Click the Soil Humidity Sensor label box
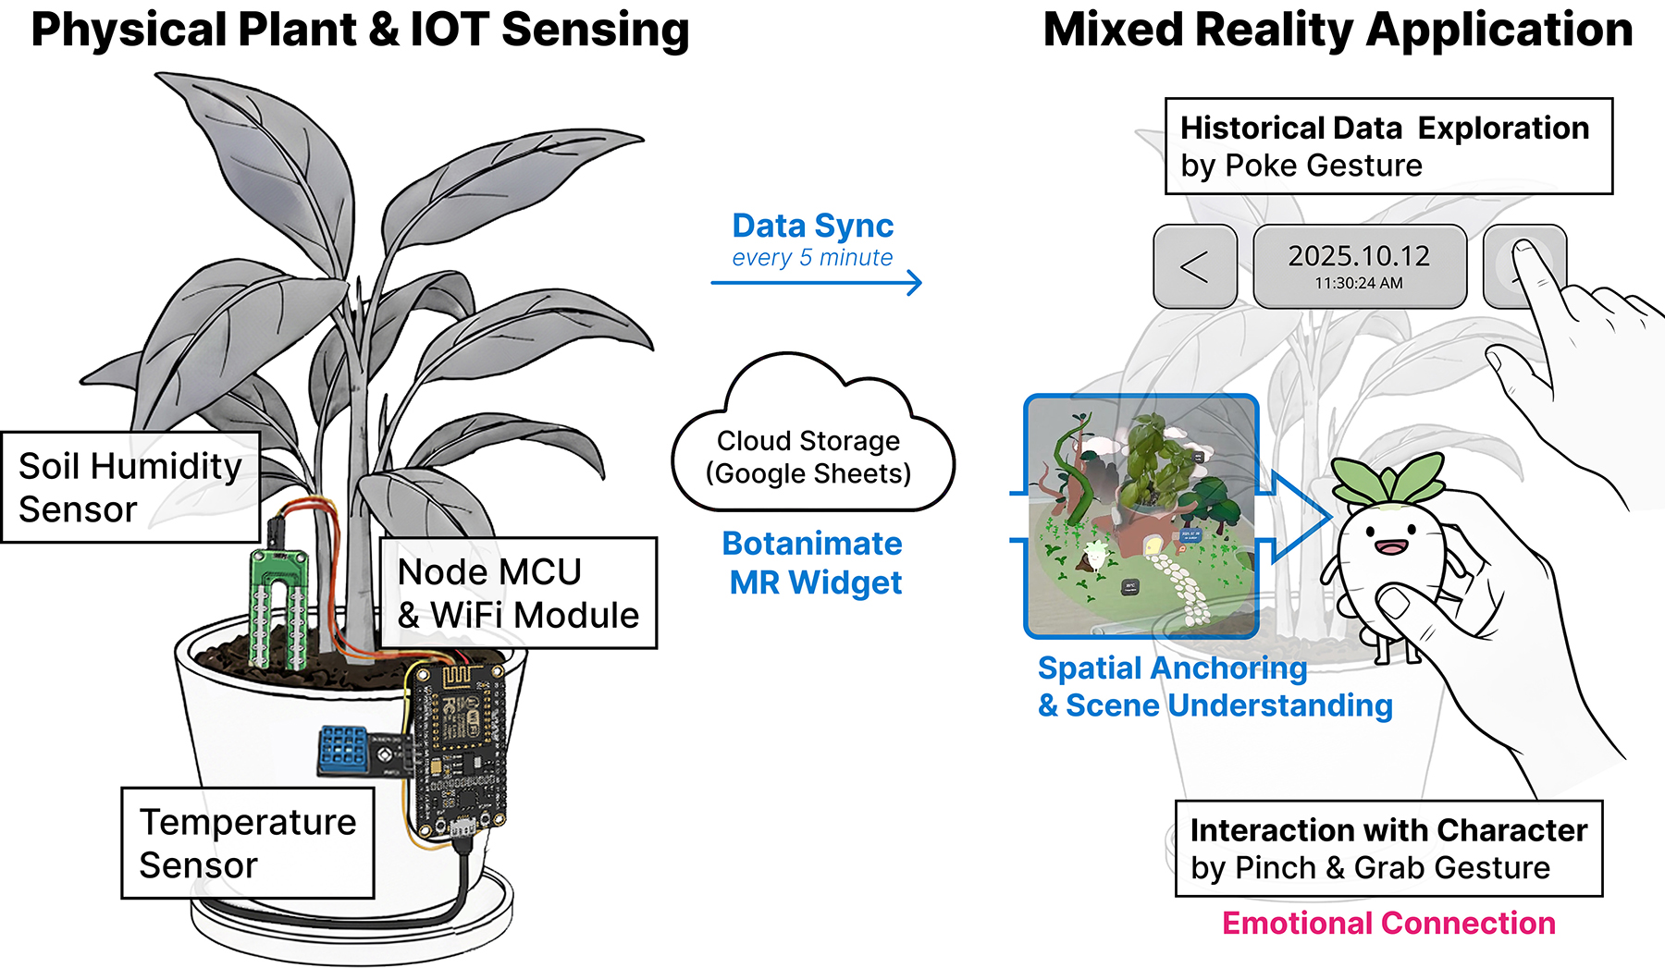(x=130, y=487)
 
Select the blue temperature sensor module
(x=343, y=750)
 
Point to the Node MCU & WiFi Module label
(x=518, y=593)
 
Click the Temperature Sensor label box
(x=247, y=842)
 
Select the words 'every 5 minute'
(x=812, y=258)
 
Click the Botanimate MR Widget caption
(x=813, y=563)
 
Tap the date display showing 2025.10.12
(x=1359, y=256)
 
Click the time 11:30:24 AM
(x=1359, y=284)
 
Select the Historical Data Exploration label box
(x=1387, y=146)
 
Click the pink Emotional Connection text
(x=1388, y=923)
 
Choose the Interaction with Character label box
(x=1387, y=849)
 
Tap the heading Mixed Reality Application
(x=1338, y=30)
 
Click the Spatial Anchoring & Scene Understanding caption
(x=1215, y=687)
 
